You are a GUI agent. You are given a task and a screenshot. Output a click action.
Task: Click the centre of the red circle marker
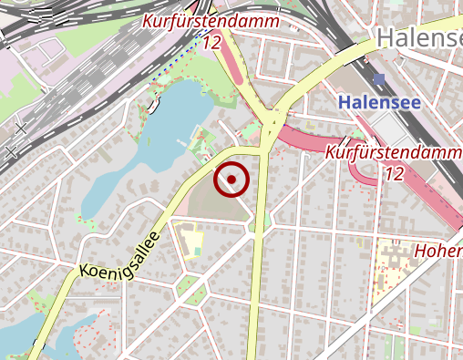[231, 180]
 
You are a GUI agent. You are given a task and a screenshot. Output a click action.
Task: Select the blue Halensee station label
[378, 102]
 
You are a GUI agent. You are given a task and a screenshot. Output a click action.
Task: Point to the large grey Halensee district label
[418, 38]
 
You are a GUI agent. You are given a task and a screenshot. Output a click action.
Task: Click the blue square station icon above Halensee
[379, 79]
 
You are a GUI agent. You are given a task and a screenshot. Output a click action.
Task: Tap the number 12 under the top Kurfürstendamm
[213, 42]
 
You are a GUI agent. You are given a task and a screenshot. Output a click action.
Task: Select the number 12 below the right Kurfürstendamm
[395, 173]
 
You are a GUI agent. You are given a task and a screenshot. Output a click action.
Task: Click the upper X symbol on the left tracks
[21, 129]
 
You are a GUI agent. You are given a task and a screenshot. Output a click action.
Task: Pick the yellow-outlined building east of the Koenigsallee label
[191, 242]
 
